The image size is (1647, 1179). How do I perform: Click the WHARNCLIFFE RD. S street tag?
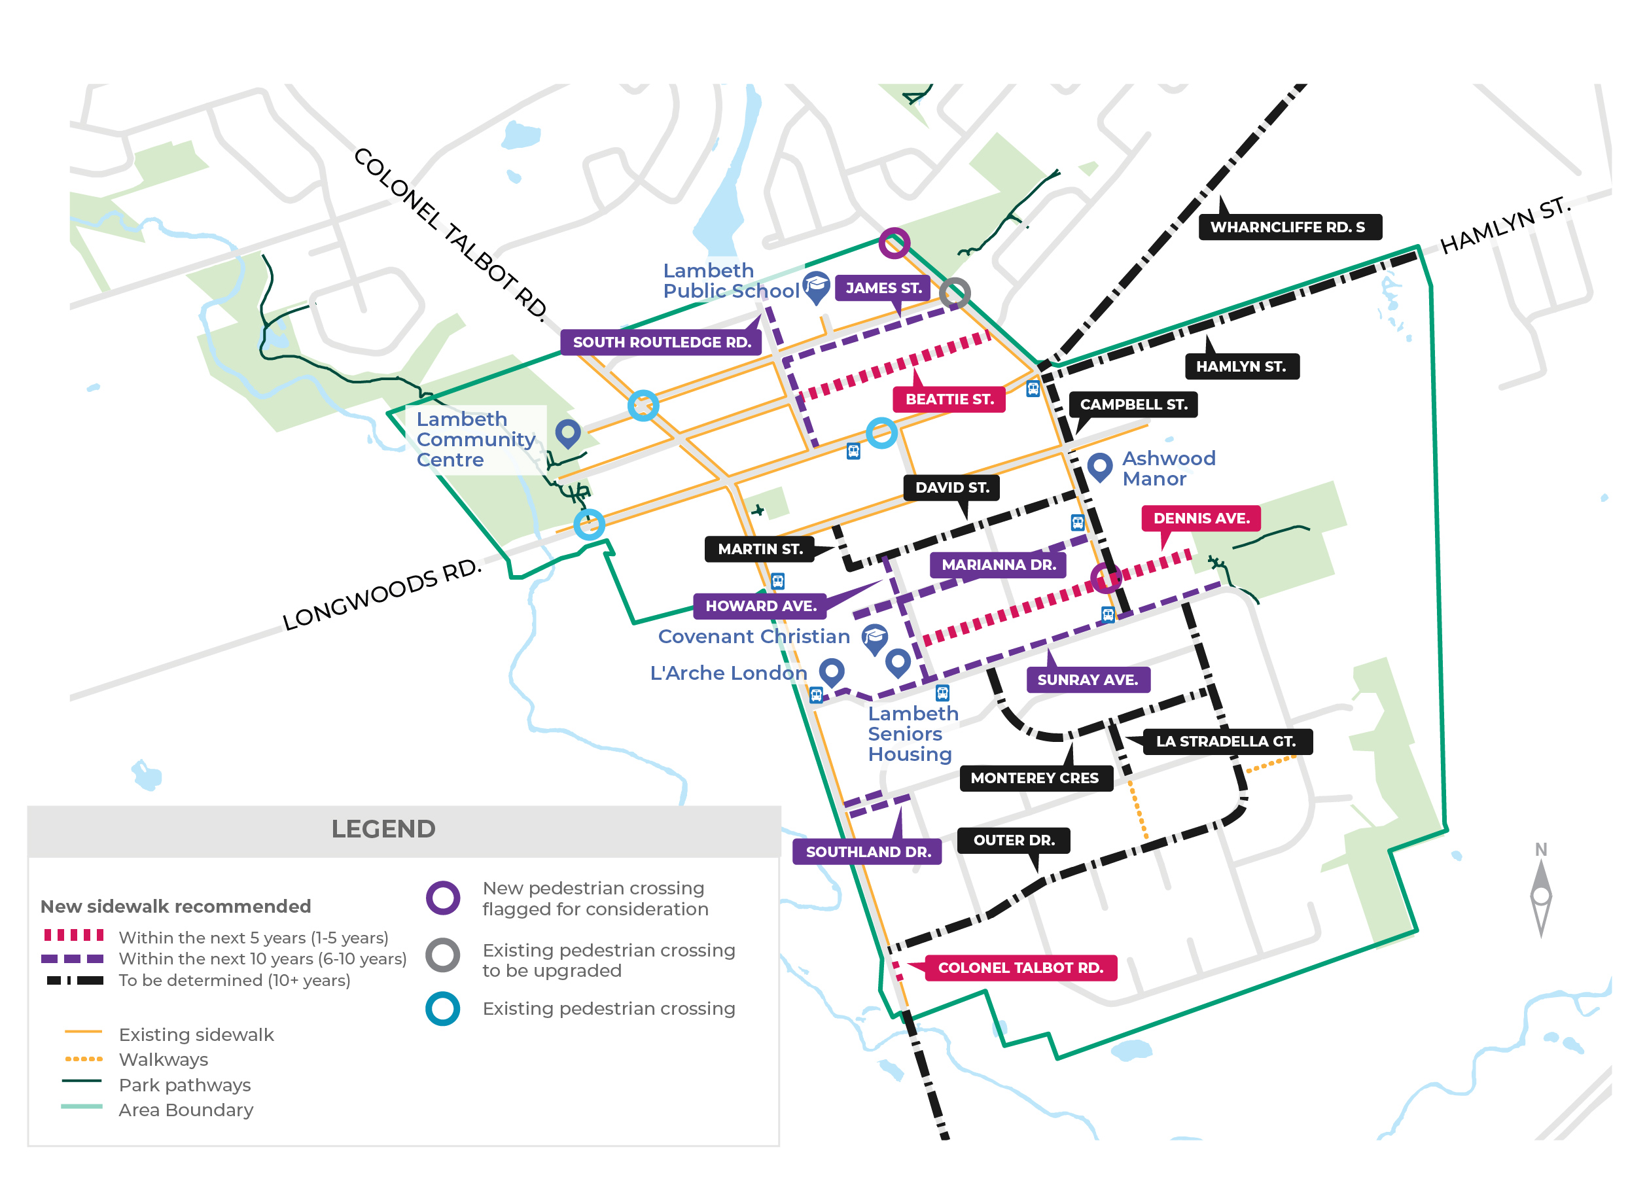coord(1288,227)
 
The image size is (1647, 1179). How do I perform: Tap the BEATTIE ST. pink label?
coord(949,399)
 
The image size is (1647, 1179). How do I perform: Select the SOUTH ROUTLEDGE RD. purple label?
coord(662,342)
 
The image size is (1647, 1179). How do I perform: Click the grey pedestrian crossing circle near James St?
coord(955,293)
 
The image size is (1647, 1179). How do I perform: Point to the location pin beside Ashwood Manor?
coord(1100,466)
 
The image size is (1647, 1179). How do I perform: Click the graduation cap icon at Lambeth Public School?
coord(816,286)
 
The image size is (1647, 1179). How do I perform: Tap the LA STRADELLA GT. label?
coord(1226,741)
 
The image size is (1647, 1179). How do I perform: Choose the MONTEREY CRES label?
coord(1035,777)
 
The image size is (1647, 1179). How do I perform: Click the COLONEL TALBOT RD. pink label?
coord(1021,968)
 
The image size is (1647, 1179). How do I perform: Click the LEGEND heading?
coord(383,829)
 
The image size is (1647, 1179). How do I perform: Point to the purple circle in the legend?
coord(443,898)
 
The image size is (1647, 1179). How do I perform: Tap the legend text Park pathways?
coord(185,1085)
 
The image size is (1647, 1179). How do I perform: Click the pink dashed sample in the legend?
coord(73,935)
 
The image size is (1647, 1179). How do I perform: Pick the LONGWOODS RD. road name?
coord(381,595)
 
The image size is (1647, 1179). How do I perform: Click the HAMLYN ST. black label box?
coord(1241,366)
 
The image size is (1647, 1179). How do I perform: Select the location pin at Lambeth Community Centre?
coord(567,432)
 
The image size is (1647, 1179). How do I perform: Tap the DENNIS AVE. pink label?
coord(1201,518)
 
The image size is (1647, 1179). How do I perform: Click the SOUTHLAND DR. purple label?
coord(868,852)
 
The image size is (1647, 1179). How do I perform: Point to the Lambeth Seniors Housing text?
coord(912,733)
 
